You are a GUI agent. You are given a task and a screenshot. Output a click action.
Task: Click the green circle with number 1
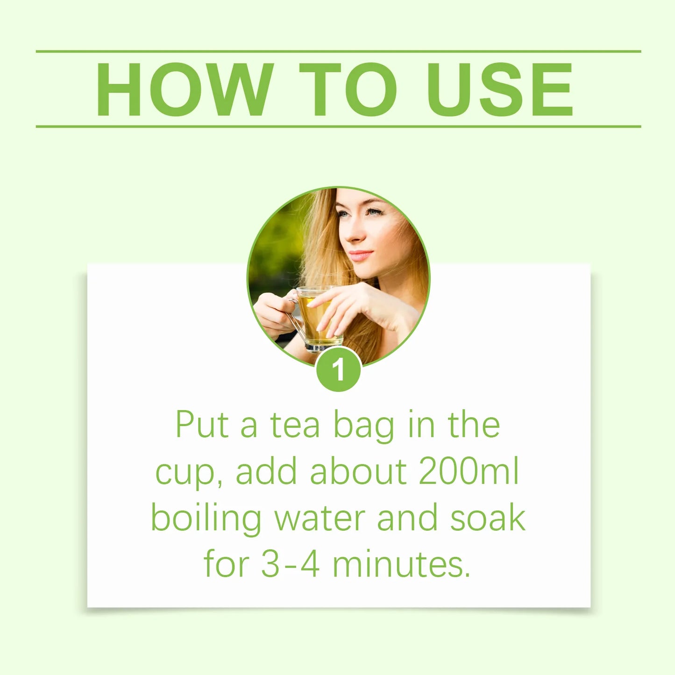click(x=338, y=369)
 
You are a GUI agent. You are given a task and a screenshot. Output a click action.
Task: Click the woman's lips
click(x=361, y=256)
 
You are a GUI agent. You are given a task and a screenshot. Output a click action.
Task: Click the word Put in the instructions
click(x=202, y=425)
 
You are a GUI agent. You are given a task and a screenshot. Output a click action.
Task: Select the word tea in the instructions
click(x=295, y=425)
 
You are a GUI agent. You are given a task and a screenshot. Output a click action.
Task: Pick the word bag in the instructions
click(x=363, y=426)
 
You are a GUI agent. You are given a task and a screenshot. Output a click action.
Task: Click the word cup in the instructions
click(x=184, y=473)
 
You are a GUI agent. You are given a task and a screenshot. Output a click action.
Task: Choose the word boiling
click(x=206, y=519)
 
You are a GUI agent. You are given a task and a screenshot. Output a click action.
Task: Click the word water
click(x=320, y=519)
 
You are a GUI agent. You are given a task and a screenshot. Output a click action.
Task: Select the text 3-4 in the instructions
click(x=290, y=564)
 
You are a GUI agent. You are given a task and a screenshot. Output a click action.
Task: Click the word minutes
click(x=401, y=564)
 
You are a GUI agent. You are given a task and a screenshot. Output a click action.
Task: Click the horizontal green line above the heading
click(x=338, y=51)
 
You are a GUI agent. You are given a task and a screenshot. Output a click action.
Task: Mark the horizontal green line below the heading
click(x=338, y=126)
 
